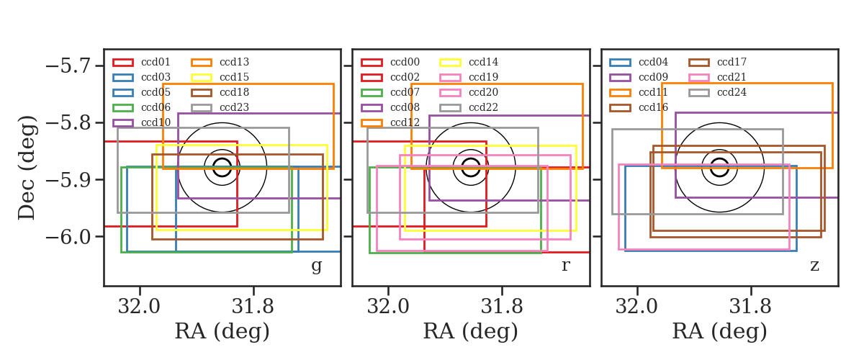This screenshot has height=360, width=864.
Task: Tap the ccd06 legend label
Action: point(156,107)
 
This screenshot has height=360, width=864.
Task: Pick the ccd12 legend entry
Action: point(405,122)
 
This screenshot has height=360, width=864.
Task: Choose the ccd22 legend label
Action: point(483,107)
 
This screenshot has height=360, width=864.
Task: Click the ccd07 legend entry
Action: point(405,92)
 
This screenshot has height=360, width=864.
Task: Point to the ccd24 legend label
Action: point(732,92)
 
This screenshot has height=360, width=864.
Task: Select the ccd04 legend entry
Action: point(653,62)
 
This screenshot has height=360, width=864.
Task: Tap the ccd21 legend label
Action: point(732,77)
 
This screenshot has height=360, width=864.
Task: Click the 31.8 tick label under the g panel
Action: point(253,307)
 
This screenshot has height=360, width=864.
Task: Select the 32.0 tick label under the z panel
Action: point(636,307)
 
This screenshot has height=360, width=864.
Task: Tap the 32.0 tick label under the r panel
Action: point(388,307)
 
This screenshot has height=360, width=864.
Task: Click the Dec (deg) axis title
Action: point(27,168)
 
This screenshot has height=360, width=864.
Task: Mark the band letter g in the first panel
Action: point(316,266)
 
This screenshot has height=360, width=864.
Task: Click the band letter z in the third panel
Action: point(814,266)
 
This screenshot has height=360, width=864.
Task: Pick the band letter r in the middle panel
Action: point(565,266)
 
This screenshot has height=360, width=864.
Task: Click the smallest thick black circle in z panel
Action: point(719,159)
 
